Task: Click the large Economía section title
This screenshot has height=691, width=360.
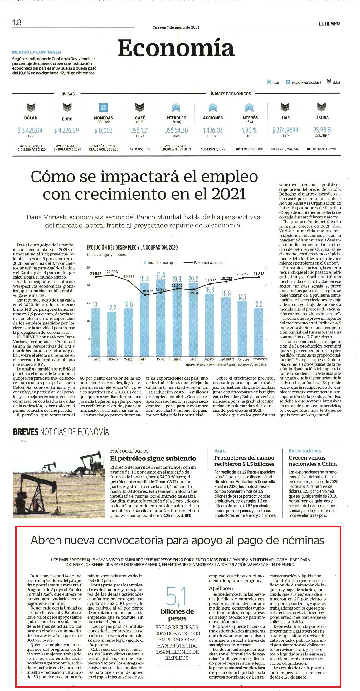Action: tap(176, 48)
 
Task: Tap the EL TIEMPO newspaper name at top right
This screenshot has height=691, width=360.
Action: tap(329, 23)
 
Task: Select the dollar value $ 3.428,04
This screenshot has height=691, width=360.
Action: tap(30, 130)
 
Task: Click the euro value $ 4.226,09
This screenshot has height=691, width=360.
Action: tap(66, 130)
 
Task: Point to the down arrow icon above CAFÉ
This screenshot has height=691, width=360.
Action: tap(139, 108)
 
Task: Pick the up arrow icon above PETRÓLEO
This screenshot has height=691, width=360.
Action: tap(176, 108)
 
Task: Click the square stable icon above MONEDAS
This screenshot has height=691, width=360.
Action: tap(103, 108)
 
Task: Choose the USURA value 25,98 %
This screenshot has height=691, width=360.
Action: tap(322, 130)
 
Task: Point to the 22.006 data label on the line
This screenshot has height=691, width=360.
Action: tap(112, 272)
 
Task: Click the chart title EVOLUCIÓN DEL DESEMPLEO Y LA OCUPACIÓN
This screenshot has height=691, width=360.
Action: tap(132, 247)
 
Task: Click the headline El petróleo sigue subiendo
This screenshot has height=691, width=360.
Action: tap(153, 459)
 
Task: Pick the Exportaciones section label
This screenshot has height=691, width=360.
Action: tap(305, 451)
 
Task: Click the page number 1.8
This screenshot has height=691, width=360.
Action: tap(17, 22)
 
